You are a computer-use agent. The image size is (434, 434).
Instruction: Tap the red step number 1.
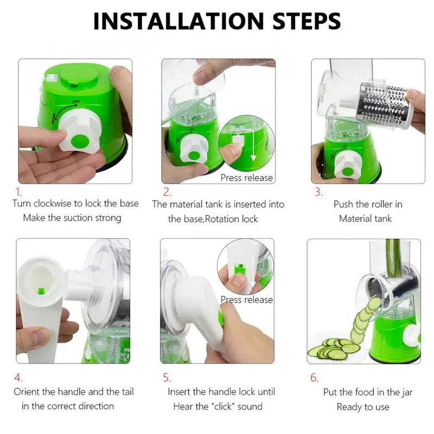[18, 192]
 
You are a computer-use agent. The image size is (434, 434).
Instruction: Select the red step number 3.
[318, 192]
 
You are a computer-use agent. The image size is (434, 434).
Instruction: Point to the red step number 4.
[18, 378]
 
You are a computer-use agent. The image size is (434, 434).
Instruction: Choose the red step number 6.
[314, 378]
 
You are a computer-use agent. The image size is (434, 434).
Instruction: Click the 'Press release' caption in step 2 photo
[246, 177]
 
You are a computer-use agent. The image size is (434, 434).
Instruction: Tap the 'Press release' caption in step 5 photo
[246, 299]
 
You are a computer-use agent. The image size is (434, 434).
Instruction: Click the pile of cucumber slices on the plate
[331, 350]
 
